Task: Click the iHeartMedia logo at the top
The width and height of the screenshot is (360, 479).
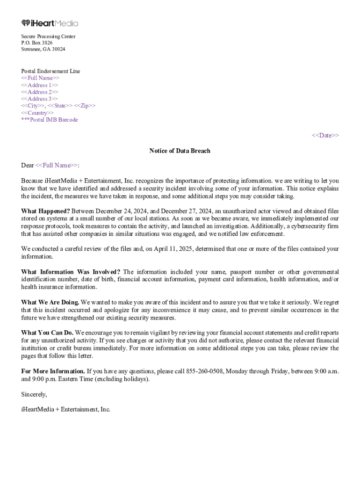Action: pyautogui.click(x=50, y=23)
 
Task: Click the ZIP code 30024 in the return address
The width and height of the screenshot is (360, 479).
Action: pyautogui.click(x=58, y=49)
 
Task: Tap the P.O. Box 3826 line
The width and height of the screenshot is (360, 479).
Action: pyautogui.click(x=37, y=43)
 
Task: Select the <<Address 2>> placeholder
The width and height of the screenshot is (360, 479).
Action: pyautogui.click(x=40, y=92)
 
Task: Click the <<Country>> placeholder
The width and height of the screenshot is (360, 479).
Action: pyautogui.click(x=37, y=113)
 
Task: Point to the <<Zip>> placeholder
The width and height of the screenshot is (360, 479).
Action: pyautogui.click(x=85, y=106)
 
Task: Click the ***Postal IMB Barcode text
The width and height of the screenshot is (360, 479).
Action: pyautogui.click(x=50, y=120)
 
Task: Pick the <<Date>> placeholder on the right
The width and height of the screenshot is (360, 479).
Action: pyautogui.click(x=325, y=136)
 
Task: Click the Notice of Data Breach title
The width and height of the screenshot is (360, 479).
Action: pyautogui.click(x=180, y=151)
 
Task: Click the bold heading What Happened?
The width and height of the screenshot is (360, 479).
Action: pyautogui.click(x=45, y=211)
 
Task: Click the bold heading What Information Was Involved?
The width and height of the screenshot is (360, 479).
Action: pyautogui.click(x=71, y=272)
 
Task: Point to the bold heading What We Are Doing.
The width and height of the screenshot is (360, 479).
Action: pyautogui.click(x=50, y=302)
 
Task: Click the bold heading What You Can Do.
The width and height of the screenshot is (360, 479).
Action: pyautogui.click(x=47, y=333)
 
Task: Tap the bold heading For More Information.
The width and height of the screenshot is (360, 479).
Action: pyautogui.click(x=53, y=371)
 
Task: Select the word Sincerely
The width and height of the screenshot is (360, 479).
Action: pyautogui.click(x=34, y=394)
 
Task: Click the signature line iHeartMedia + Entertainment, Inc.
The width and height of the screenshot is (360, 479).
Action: pyautogui.click(x=66, y=409)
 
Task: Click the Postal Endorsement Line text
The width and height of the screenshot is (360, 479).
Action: pyautogui.click(x=50, y=71)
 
